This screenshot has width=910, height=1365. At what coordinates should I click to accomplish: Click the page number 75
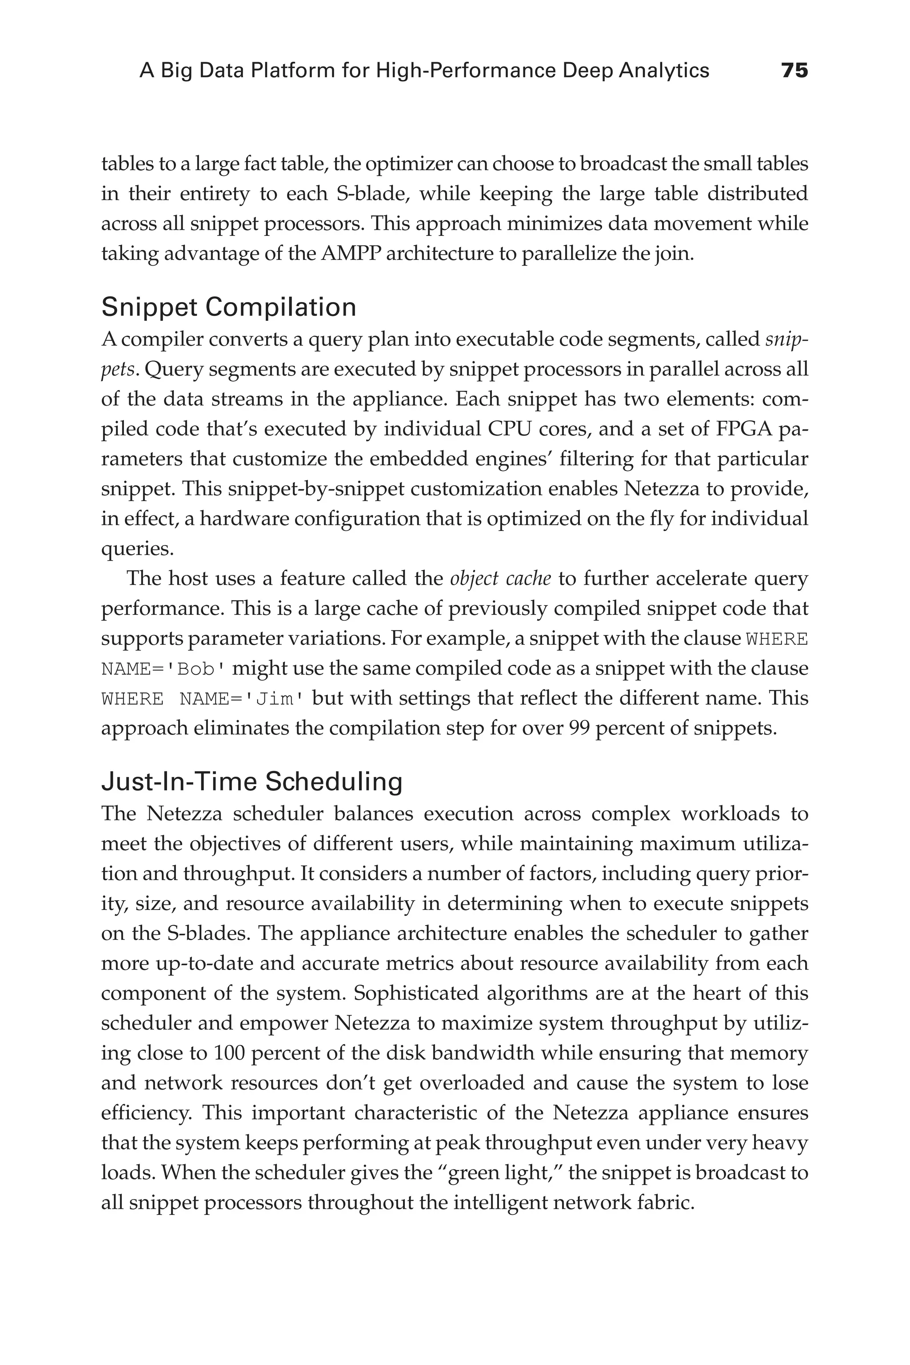[794, 71]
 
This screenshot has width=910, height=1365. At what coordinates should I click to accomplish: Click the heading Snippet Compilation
[229, 307]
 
